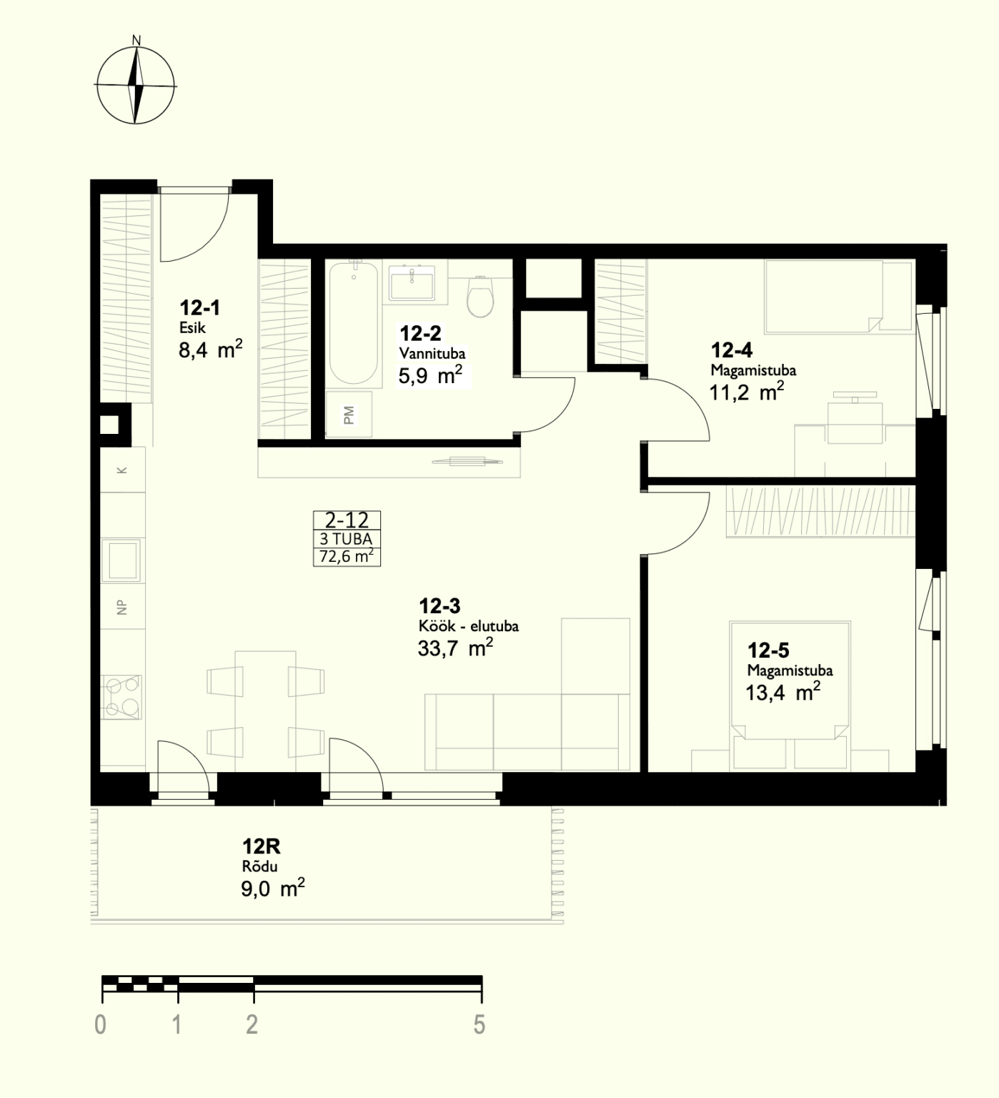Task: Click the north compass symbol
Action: click(x=136, y=84)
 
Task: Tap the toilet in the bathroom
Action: click(x=480, y=295)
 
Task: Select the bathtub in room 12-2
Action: click(x=353, y=324)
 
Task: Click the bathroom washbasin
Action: click(x=412, y=282)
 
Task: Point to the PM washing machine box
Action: click(x=349, y=414)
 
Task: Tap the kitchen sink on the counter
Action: click(x=121, y=561)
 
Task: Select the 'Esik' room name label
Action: click(x=193, y=328)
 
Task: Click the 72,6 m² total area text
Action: click(x=347, y=556)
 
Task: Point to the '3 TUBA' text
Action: click(x=347, y=539)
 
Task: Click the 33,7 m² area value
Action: click(x=455, y=648)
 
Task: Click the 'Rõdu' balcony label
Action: click(x=259, y=866)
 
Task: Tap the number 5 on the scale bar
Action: click(x=479, y=1024)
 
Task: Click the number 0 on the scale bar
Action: click(x=101, y=1024)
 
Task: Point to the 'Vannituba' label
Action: click(x=432, y=353)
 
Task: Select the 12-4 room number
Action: click(x=732, y=350)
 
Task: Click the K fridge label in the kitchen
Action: click(x=122, y=470)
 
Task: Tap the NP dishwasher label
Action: click(x=121, y=608)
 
